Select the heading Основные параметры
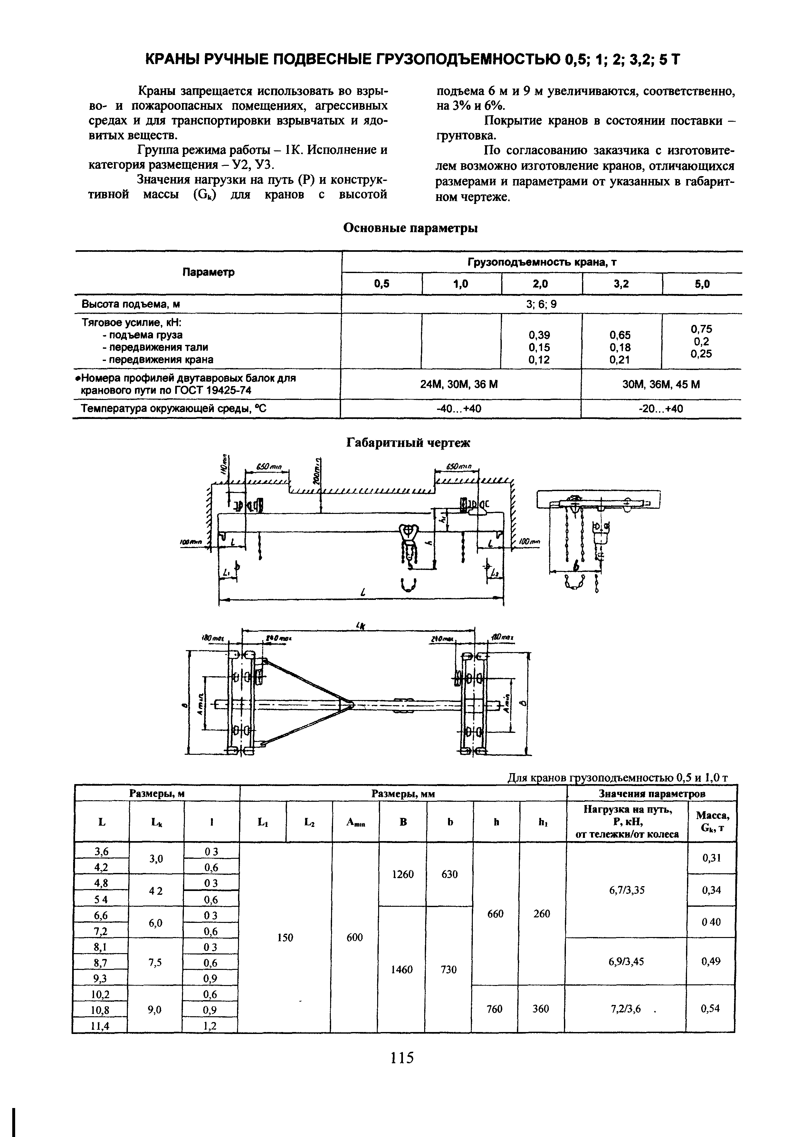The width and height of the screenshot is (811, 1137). [x=411, y=228]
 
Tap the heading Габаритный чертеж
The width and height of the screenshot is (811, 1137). [x=408, y=443]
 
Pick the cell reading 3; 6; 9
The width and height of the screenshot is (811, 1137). [x=541, y=304]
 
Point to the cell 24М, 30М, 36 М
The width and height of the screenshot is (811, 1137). [x=460, y=384]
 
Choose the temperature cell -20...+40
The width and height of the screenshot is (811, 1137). [x=661, y=409]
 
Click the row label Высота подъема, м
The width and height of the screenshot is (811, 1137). [x=131, y=304]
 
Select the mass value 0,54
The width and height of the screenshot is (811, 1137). [x=711, y=1009]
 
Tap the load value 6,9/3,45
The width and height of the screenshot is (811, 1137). [x=626, y=961]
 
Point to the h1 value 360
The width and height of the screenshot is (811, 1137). [x=541, y=1009]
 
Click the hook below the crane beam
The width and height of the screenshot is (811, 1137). [x=408, y=584]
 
